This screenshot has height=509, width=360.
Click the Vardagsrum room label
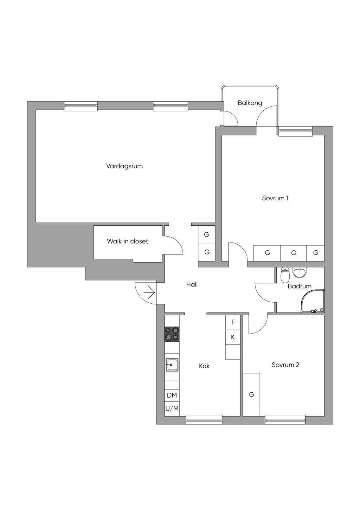click(x=124, y=166)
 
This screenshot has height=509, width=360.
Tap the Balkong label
click(x=250, y=103)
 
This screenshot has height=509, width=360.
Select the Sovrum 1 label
click(x=275, y=198)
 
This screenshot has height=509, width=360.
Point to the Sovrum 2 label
click(x=285, y=365)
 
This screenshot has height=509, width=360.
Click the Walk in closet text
click(x=127, y=241)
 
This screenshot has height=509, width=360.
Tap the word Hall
click(x=192, y=284)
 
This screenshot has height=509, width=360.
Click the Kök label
click(x=204, y=366)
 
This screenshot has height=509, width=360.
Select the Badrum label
click(x=300, y=286)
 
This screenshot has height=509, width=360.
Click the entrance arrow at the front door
click(x=149, y=292)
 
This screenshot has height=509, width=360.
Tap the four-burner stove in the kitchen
click(x=172, y=334)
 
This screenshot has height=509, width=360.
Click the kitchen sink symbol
click(x=172, y=365)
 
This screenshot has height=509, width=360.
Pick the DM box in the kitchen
click(x=172, y=395)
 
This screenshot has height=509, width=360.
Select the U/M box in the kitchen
click(x=172, y=408)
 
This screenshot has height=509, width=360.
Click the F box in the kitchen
click(x=233, y=322)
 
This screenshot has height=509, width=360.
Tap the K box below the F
click(x=233, y=337)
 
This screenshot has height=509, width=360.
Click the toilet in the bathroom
click(x=285, y=275)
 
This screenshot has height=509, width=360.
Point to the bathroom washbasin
click(x=300, y=272)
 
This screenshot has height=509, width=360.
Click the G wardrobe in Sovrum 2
click(x=251, y=394)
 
